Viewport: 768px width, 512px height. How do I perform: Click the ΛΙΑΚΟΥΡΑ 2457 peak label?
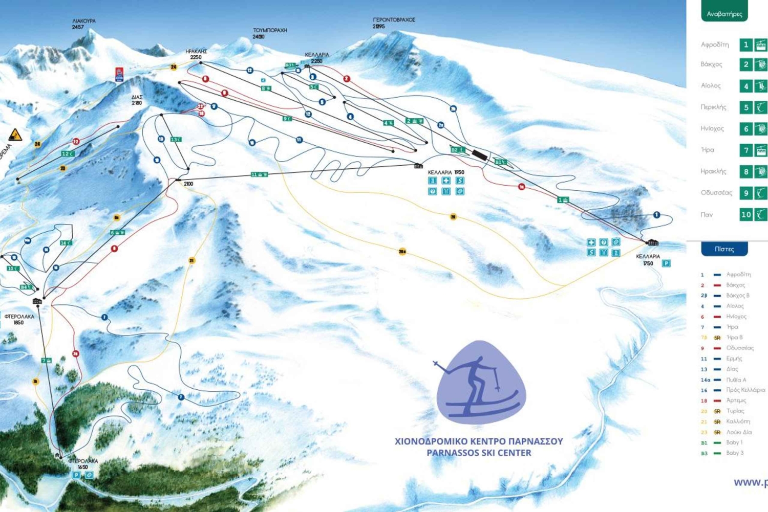coord(83,24)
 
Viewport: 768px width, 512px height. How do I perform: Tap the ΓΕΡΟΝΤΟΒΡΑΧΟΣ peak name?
coord(394,20)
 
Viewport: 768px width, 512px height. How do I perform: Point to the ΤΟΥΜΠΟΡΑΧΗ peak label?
coord(269,31)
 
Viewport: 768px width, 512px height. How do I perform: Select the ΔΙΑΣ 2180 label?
coord(137,100)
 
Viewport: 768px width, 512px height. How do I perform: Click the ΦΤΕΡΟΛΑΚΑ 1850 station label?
coord(19,319)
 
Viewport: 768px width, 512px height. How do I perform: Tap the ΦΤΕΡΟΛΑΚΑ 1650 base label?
coord(83,463)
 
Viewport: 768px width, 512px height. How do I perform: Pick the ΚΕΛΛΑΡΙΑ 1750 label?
coord(648,260)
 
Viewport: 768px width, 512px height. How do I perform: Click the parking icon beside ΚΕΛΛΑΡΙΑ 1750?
coord(666,263)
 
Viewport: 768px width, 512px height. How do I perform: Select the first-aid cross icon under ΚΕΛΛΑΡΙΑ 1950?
coord(446,181)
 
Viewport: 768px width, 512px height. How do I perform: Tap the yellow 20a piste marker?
coord(402,251)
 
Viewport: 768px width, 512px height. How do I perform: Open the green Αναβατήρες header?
coord(724,13)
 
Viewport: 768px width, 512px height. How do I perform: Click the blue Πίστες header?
coord(724,249)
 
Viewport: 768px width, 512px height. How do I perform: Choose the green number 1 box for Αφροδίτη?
coord(745,45)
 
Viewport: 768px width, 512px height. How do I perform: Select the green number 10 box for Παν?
coord(745,215)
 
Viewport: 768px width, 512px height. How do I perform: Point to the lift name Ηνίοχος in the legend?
coord(712,129)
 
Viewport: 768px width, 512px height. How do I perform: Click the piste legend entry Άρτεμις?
coord(736,400)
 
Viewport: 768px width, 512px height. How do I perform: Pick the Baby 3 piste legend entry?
coord(735,453)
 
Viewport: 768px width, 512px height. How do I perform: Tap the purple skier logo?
coord(480,383)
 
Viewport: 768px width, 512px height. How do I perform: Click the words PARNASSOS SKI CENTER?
coord(479,453)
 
